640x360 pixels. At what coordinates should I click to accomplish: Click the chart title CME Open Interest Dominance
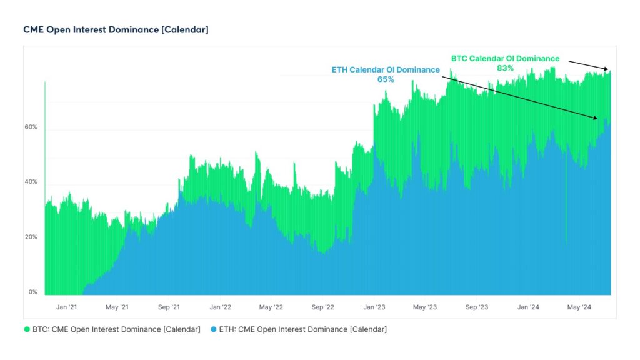click(x=116, y=29)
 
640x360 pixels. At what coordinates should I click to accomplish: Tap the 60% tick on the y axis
click(x=31, y=127)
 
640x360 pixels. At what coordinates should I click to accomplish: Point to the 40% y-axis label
click(x=31, y=182)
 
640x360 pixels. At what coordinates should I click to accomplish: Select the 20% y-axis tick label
click(x=31, y=237)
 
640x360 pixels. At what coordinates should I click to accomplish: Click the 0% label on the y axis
click(x=32, y=292)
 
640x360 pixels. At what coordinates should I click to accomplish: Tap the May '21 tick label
click(x=116, y=307)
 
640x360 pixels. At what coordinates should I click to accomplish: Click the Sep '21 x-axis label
click(x=168, y=307)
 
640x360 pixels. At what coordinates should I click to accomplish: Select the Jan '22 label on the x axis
click(x=220, y=307)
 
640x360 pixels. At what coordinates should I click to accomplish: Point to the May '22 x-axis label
click(x=271, y=307)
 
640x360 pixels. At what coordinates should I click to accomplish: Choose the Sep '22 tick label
click(x=322, y=307)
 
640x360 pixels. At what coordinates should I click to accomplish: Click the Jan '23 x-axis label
click(x=374, y=307)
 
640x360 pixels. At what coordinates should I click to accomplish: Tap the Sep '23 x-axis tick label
click(x=476, y=307)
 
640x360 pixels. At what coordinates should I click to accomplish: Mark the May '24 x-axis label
click(x=579, y=307)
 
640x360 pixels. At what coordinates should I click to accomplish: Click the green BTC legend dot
click(x=27, y=329)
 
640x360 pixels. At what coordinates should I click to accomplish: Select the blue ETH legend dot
click(x=214, y=329)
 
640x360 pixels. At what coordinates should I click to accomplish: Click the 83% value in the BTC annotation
click(x=505, y=68)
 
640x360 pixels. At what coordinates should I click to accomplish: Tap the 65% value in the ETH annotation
click(x=386, y=79)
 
